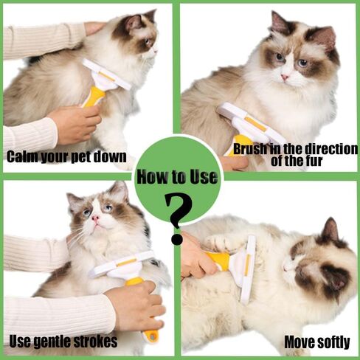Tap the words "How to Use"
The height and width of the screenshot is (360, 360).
click(x=177, y=176)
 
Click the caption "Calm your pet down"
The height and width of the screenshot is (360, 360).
click(x=66, y=156)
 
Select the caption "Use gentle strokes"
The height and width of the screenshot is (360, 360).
click(x=63, y=341)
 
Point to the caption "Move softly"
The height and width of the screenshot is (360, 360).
click(x=317, y=342)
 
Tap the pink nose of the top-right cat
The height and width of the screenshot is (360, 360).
click(x=285, y=77)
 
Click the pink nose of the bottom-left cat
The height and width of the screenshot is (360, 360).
click(x=95, y=218)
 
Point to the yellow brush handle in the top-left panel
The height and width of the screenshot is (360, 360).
click(x=94, y=97)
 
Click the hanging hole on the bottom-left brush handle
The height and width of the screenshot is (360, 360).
click(x=153, y=336)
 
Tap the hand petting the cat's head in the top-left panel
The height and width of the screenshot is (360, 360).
click(x=94, y=27)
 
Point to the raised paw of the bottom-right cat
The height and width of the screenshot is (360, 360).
click(x=220, y=240)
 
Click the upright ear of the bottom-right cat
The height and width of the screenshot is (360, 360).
click(x=330, y=230)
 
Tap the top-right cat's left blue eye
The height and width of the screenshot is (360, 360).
click(x=280, y=58)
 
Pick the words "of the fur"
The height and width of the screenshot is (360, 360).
click(x=297, y=161)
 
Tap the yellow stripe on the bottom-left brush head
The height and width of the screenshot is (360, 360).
click(x=126, y=263)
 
